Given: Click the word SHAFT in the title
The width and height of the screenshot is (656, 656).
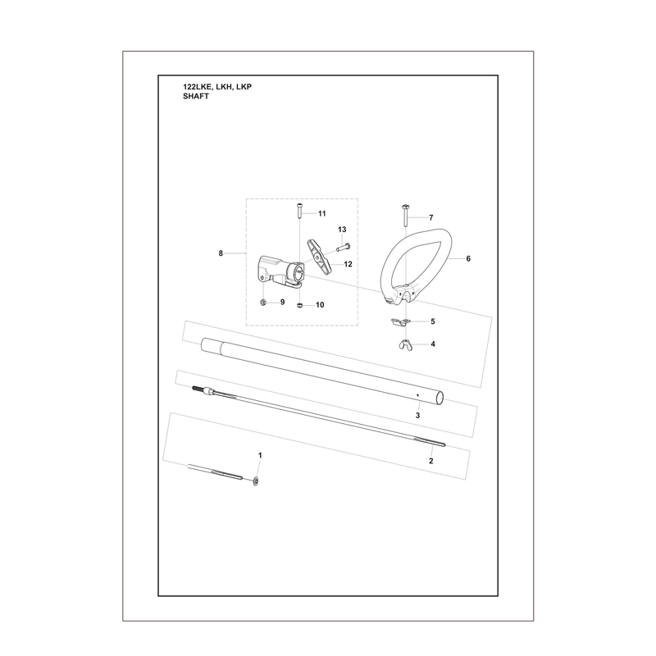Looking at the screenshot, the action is tap(196, 96).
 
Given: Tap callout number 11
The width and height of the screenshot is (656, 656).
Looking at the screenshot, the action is tap(321, 214).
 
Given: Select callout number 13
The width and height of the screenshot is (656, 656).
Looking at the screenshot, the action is tap(342, 230).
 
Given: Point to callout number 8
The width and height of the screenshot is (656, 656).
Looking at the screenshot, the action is tap(221, 253).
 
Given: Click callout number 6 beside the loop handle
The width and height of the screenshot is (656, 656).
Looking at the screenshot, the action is tap(468, 258).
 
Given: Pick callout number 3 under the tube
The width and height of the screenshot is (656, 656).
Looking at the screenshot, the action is tap(417, 416).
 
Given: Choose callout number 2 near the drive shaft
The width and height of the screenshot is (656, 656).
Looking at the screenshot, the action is tap(431, 461).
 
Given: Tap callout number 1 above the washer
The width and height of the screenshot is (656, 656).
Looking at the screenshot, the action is tap(260, 455).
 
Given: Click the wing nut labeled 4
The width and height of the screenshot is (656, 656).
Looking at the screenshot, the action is tap(404, 345).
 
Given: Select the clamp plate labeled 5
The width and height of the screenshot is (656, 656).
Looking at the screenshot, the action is tap(400, 321).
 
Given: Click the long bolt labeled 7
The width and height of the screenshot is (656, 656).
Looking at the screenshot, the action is tap(405, 216).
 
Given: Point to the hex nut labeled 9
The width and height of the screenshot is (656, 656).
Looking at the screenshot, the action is tap(263, 302).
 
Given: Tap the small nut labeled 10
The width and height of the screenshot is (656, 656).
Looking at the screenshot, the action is tap(299, 305).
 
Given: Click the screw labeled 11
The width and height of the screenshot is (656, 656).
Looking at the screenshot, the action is tap(300, 211).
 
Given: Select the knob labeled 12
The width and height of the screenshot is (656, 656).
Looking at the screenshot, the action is tap(319, 255).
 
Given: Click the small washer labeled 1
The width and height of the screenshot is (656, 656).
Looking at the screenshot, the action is tap(256, 481).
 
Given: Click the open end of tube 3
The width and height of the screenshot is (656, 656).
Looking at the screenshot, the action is tap(440, 398).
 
